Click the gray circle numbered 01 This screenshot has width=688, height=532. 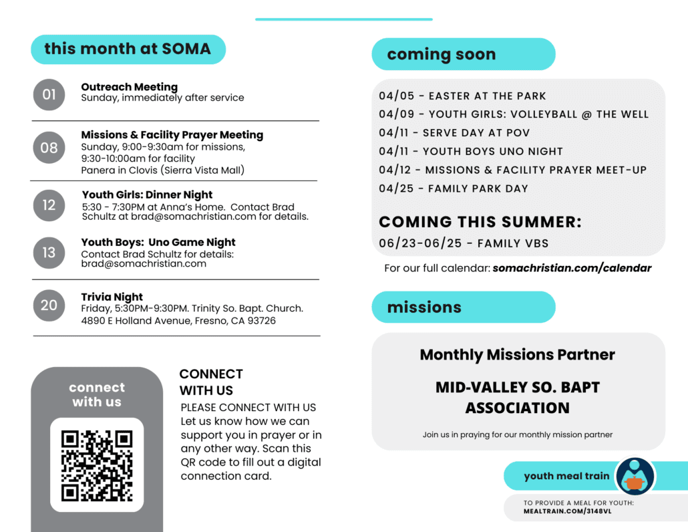point(49,95)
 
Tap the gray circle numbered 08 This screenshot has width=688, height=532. point(49,148)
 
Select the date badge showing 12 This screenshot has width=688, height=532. point(49,205)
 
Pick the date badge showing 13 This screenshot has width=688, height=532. point(49,253)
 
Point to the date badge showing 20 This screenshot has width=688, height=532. point(49,305)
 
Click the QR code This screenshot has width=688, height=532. point(97,465)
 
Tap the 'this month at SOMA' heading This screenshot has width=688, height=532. point(128,49)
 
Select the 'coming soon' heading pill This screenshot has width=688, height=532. point(463,54)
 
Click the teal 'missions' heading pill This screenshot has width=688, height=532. point(463,307)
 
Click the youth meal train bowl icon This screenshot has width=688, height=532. point(635,477)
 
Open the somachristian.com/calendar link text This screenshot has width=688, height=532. point(572,268)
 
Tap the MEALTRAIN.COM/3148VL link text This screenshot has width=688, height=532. point(567,511)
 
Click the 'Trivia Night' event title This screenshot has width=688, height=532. point(112,297)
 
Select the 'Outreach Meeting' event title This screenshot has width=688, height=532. point(129,87)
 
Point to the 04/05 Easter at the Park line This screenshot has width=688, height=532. point(462,96)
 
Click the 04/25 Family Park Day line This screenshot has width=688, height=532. point(454,188)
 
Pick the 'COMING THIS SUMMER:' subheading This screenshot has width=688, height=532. point(480,222)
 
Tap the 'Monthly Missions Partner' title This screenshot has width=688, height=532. point(517,354)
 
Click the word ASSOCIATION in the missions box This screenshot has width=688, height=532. point(517,408)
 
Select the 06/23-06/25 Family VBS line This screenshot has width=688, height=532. point(464,243)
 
